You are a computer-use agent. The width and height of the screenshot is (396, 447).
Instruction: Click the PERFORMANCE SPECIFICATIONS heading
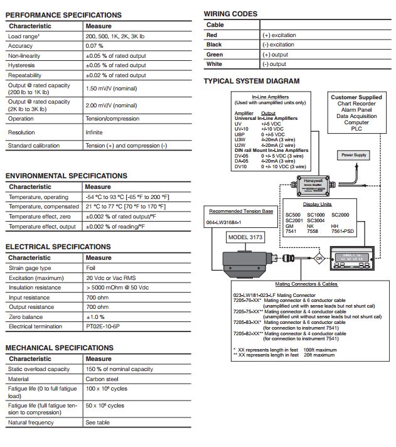point(63,14)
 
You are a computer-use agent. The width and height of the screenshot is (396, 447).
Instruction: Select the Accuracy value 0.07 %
point(95,46)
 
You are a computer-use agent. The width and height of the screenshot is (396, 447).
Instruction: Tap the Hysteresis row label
point(21,65)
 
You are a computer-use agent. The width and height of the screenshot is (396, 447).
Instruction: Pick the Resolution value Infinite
point(94,132)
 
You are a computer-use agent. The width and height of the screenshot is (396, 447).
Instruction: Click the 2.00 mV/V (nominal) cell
point(111,105)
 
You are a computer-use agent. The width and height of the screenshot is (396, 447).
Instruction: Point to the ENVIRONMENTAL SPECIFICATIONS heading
point(67,176)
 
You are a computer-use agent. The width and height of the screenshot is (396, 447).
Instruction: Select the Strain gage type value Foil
point(90,268)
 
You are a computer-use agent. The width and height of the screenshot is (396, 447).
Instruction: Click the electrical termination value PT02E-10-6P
point(104,326)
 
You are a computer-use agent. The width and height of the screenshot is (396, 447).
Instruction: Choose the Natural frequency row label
point(32,423)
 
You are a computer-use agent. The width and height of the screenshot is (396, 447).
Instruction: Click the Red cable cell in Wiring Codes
point(212,35)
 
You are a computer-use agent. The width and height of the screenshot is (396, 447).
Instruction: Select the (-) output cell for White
point(274,64)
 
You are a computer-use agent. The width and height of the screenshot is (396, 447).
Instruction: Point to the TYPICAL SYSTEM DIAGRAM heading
point(252,81)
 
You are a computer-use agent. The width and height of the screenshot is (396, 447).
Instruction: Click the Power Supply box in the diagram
point(353,154)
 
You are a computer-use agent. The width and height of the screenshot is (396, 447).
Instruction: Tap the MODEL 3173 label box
point(245,237)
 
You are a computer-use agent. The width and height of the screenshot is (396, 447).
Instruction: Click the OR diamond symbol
point(319,258)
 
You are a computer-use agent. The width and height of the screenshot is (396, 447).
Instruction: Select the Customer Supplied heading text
point(356,97)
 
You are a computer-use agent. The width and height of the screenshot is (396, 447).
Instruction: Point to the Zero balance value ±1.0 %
point(95,316)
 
